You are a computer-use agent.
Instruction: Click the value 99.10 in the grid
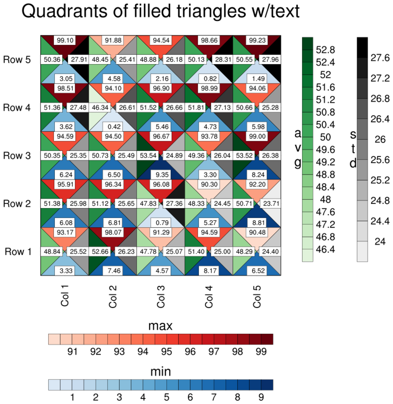point(65,40)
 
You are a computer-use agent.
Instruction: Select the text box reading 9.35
point(161,175)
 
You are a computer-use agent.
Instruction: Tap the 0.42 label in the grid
point(113,126)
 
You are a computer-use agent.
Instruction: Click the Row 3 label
point(17,155)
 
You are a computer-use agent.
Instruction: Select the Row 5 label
point(17,60)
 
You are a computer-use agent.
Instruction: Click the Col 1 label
point(65,296)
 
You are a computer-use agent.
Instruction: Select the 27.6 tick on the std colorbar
point(380,58)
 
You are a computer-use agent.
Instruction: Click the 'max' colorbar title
point(160,326)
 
